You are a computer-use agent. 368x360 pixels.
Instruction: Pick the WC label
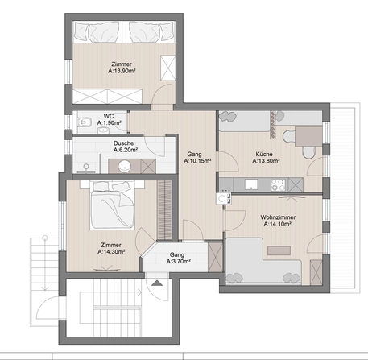[110, 116]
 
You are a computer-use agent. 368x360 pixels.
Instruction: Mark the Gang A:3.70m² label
[176, 258]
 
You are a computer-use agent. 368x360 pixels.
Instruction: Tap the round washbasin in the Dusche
[125, 166]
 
